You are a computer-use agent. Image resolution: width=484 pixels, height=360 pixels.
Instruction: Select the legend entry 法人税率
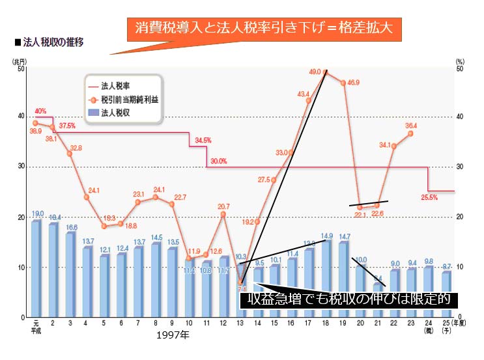[114, 85]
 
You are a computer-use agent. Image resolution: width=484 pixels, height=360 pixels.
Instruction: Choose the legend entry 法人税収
[114, 113]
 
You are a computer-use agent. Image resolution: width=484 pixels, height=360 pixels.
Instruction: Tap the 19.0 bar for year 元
[36, 270]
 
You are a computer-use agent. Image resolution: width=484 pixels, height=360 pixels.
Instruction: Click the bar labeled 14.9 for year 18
[326, 279]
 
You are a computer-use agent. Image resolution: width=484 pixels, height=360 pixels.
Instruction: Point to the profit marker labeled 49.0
[326, 73]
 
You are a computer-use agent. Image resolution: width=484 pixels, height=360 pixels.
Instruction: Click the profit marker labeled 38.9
[36, 123]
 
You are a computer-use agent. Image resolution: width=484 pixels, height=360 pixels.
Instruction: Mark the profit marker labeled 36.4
[410, 133]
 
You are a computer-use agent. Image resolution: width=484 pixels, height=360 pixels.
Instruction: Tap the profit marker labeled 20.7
[223, 214]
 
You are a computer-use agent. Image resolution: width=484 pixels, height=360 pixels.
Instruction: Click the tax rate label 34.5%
[203, 140]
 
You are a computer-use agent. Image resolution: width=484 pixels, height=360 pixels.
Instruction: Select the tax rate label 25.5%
[430, 197]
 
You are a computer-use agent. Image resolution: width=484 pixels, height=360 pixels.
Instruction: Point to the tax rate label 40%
[40, 111]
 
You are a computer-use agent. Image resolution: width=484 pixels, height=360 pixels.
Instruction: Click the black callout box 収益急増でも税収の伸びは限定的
[349, 299]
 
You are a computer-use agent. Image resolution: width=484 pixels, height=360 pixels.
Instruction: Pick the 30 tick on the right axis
[461, 167]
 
